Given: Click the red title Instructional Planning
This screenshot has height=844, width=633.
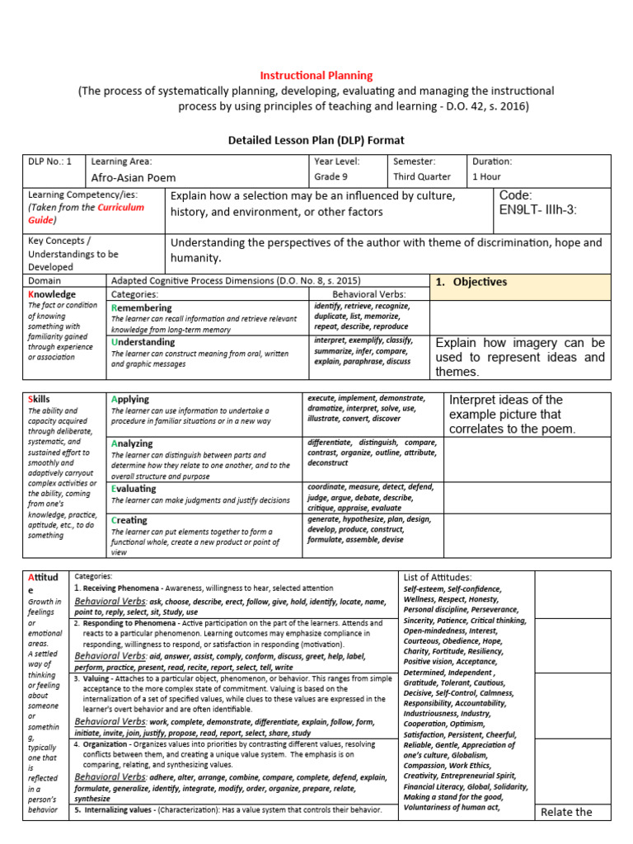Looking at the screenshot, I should click(x=316, y=76).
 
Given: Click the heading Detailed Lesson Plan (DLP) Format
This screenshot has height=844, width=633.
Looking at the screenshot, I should click(x=316, y=141).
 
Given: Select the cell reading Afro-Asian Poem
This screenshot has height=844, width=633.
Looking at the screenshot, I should click(x=133, y=177).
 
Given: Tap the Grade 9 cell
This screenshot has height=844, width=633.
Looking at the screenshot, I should click(x=332, y=177).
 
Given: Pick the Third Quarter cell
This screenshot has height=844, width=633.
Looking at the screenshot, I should click(x=421, y=177).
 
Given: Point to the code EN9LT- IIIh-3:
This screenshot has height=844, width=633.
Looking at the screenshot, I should click(x=538, y=211).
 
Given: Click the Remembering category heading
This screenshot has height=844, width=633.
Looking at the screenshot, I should click(x=142, y=308).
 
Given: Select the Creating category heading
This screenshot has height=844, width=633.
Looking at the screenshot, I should click(x=129, y=521).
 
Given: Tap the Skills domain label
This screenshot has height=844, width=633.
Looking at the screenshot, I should click(x=39, y=400).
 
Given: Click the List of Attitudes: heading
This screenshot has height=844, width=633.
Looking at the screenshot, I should click(x=438, y=578).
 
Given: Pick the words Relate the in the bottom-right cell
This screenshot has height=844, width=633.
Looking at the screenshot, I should click(x=565, y=813).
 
